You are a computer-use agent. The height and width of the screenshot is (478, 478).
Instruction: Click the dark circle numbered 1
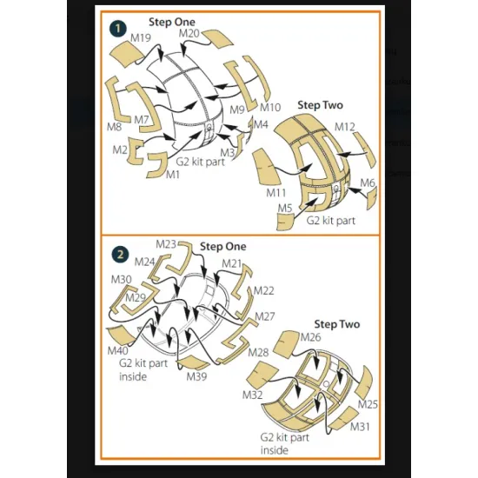click(x=118, y=29)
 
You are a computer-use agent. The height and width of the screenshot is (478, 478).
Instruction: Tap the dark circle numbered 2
click(x=120, y=254)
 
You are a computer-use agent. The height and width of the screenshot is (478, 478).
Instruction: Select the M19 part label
click(x=141, y=37)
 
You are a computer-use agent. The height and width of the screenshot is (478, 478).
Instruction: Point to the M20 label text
click(x=189, y=33)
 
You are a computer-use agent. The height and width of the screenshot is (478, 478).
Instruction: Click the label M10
click(x=270, y=107)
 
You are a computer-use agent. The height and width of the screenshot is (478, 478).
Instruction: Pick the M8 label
click(x=114, y=127)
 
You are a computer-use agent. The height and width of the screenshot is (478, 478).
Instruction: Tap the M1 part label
click(x=173, y=175)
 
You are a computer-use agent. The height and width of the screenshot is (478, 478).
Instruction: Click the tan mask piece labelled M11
click(x=266, y=167)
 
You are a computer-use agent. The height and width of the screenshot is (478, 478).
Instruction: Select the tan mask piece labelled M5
click(x=285, y=222)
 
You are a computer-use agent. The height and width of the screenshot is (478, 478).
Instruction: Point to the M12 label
click(x=345, y=127)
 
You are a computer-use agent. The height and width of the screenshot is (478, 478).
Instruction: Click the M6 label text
click(x=368, y=183)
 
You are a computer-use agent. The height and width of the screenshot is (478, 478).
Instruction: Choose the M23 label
click(x=166, y=244)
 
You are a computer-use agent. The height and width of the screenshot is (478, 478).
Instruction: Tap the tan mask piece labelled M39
click(x=194, y=362)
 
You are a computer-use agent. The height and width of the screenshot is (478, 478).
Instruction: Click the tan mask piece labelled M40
click(x=121, y=335)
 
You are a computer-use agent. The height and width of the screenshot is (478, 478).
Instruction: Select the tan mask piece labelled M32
click(x=262, y=376)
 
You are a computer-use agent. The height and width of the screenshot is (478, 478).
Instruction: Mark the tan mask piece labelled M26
click(x=285, y=344)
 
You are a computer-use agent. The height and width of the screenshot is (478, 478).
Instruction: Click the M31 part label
click(x=360, y=427)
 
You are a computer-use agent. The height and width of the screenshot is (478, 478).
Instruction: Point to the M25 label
click(x=368, y=404)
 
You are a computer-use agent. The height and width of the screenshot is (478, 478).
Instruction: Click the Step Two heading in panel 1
click(x=320, y=105)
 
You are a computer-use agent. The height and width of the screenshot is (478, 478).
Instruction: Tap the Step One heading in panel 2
click(x=222, y=246)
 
